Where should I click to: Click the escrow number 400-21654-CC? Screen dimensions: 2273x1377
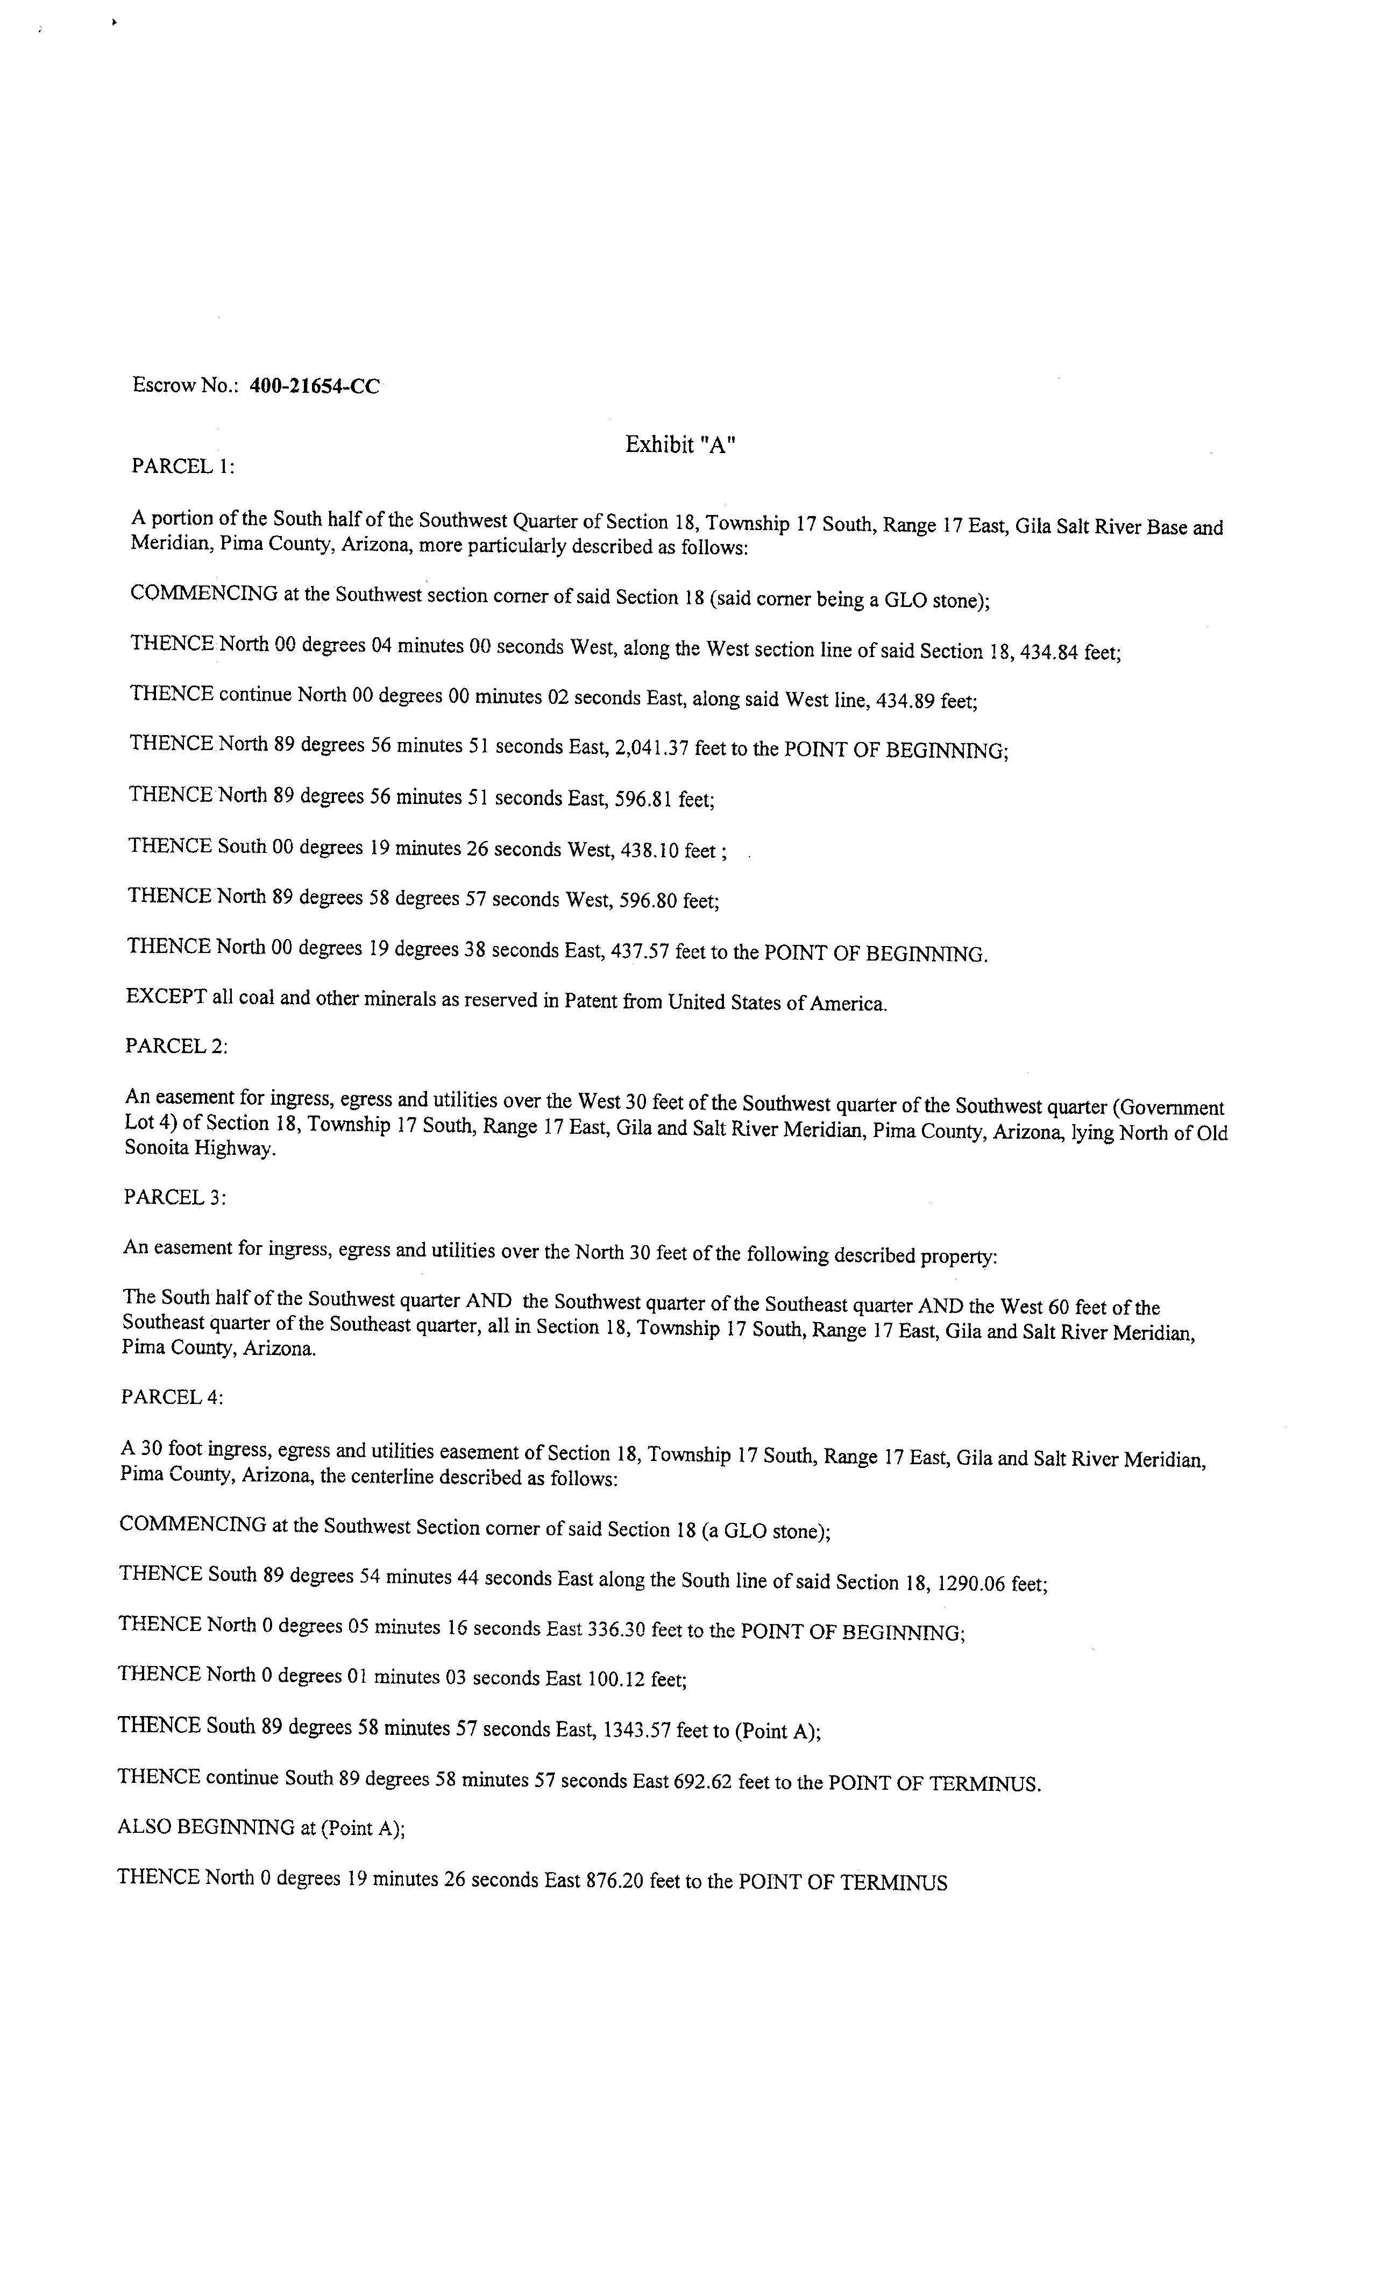pos(315,386)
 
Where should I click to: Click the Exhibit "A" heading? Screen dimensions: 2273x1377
pos(680,444)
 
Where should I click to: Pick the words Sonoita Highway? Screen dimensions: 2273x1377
pos(199,1150)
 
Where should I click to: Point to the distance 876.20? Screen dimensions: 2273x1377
pos(615,1881)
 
